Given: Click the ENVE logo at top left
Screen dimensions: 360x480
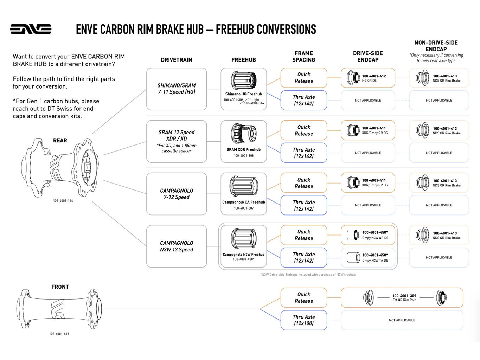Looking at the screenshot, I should (31, 29).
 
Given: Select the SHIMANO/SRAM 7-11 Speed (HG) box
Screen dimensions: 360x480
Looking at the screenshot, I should (176, 89).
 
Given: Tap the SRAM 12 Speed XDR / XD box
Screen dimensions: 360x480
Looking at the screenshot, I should (176, 141).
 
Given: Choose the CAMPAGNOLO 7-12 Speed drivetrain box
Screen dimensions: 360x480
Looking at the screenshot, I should (176, 194).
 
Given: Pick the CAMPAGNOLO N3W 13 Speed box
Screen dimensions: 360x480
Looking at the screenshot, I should (176, 246).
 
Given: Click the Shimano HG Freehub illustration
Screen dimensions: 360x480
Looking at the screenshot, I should (243, 81).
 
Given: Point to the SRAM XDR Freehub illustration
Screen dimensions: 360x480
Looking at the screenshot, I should (243, 134).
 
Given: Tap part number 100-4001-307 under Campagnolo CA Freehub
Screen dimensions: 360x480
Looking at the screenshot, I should (243, 208).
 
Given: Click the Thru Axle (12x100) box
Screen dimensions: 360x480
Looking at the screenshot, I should (304, 320).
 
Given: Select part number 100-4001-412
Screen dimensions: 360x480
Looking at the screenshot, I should (374, 76).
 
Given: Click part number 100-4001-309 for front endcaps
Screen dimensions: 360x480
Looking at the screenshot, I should (404, 296).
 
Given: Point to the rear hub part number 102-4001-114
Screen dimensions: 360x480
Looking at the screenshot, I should (63, 201).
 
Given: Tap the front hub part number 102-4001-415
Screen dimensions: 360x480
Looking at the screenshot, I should (59, 334).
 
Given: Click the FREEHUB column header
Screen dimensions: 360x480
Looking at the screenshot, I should (243, 60).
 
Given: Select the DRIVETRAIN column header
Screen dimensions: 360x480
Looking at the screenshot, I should (176, 60).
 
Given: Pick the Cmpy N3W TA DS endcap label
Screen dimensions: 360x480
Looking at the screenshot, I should (375, 261).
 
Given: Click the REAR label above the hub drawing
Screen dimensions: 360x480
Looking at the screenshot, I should (60, 141).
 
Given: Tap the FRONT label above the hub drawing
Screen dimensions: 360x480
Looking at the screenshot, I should (60, 287).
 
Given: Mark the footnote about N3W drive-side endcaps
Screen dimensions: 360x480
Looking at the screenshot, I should (308, 275).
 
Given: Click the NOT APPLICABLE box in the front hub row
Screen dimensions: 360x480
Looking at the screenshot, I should (402, 320).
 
